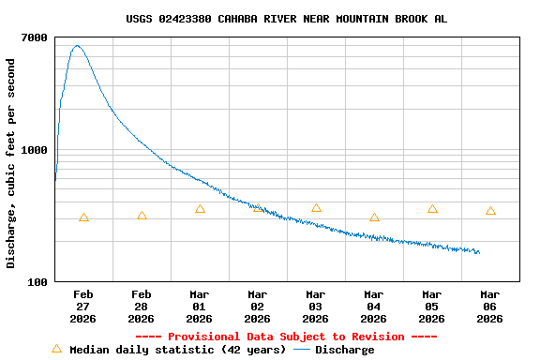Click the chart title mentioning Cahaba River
[x=286, y=19]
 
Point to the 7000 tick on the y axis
[x=36, y=37]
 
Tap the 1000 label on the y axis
[x=36, y=150]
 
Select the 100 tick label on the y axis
[x=38, y=282]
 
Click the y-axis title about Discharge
[x=11, y=163]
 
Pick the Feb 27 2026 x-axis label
[x=83, y=307]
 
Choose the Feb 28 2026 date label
[x=142, y=307]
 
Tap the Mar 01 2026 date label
[x=200, y=307]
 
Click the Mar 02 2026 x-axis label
[x=258, y=307]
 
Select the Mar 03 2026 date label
[x=316, y=307]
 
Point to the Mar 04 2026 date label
[x=374, y=307]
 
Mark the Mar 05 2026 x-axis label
[x=432, y=307]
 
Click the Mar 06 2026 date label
[x=490, y=307]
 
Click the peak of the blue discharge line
[x=77, y=45]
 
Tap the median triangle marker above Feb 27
[x=83, y=217]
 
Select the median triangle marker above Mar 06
[x=490, y=211]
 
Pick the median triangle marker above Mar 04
[x=374, y=217]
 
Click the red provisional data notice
[x=286, y=337]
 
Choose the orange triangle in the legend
[x=56, y=349]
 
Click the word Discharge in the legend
[x=344, y=350]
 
